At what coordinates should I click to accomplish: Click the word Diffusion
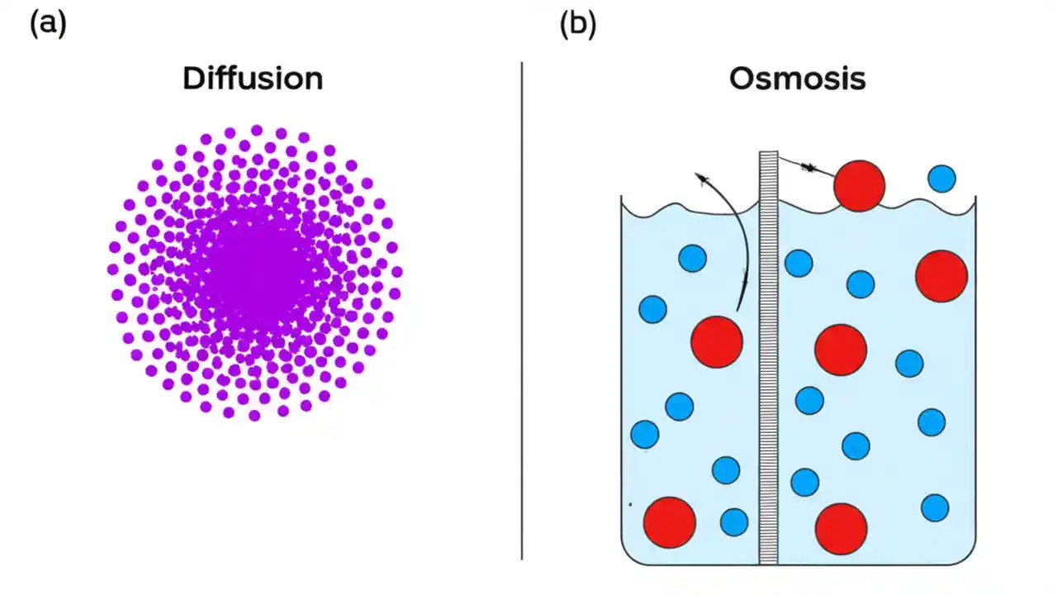click(x=253, y=79)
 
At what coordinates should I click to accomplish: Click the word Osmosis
click(x=797, y=79)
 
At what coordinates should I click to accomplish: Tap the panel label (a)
click(x=48, y=24)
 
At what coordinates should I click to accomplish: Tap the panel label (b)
click(x=577, y=24)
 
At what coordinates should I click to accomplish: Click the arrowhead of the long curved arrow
click(x=701, y=177)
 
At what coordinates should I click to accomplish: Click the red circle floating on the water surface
click(x=859, y=186)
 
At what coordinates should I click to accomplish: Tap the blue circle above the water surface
click(x=941, y=178)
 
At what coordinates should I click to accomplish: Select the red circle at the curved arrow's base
click(x=717, y=341)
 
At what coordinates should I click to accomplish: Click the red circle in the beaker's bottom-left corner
click(x=670, y=522)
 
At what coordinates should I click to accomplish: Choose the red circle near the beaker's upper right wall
click(x=941, y=276)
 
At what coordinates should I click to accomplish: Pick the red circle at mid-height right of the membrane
click(x=841, y=350)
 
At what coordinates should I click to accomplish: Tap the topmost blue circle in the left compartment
click(x=692, y=259)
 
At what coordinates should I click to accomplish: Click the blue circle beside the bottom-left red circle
click(x=734, y=522)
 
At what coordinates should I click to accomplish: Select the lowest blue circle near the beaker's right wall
click(x=935, y=507)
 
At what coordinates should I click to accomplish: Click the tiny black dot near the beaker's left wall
click(x=630, y=503)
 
